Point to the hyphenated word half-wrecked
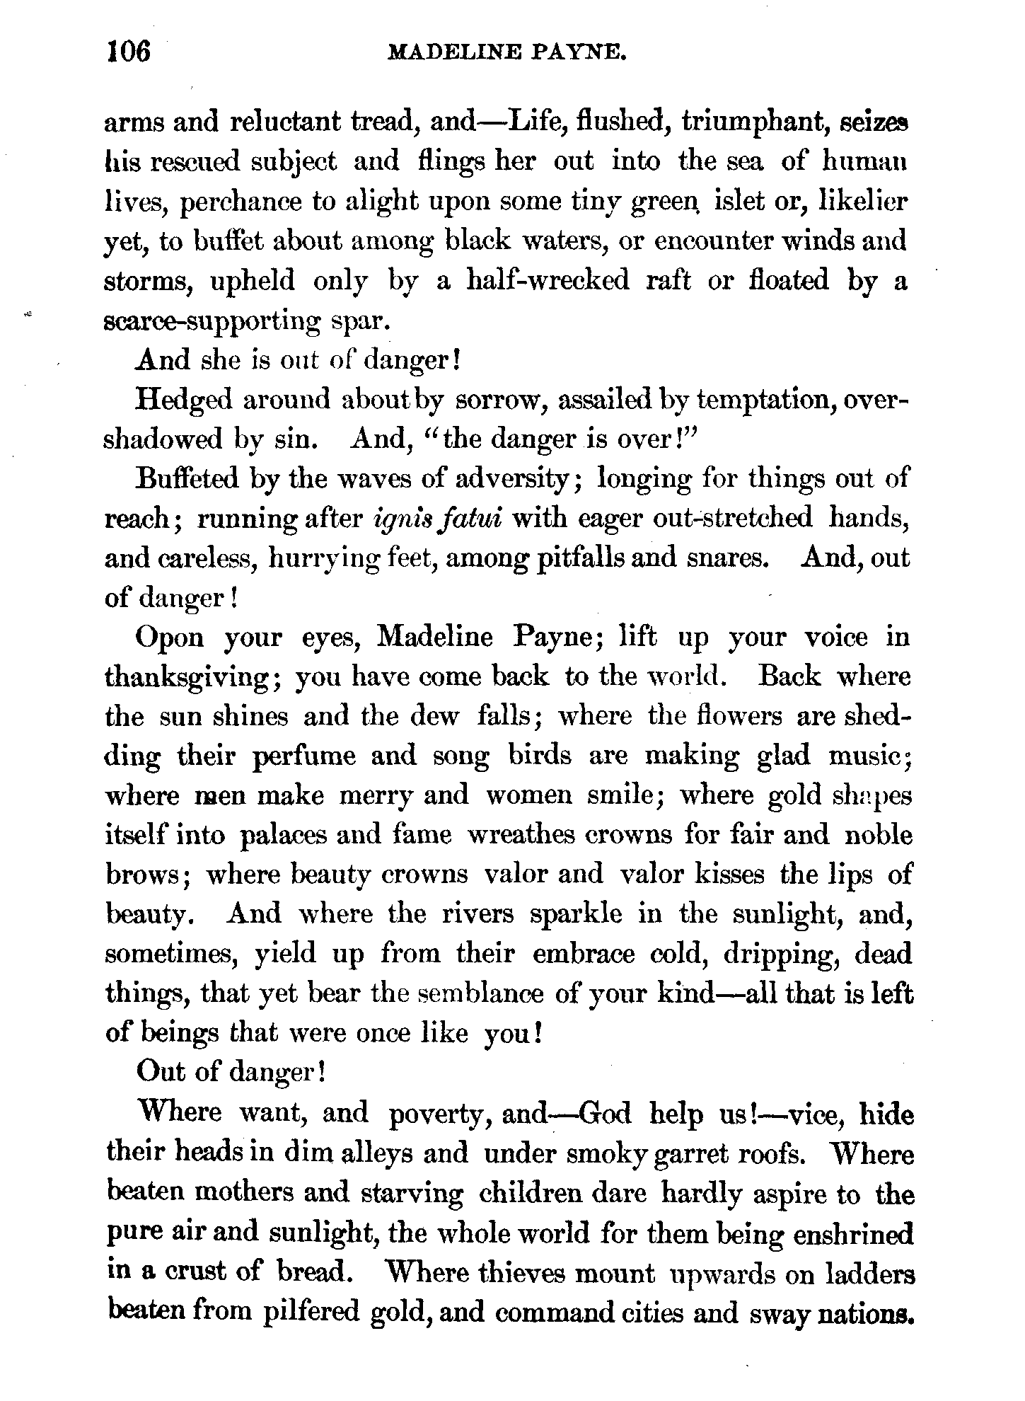point(548,281)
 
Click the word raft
point(668,281)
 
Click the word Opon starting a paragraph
point(169,638)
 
